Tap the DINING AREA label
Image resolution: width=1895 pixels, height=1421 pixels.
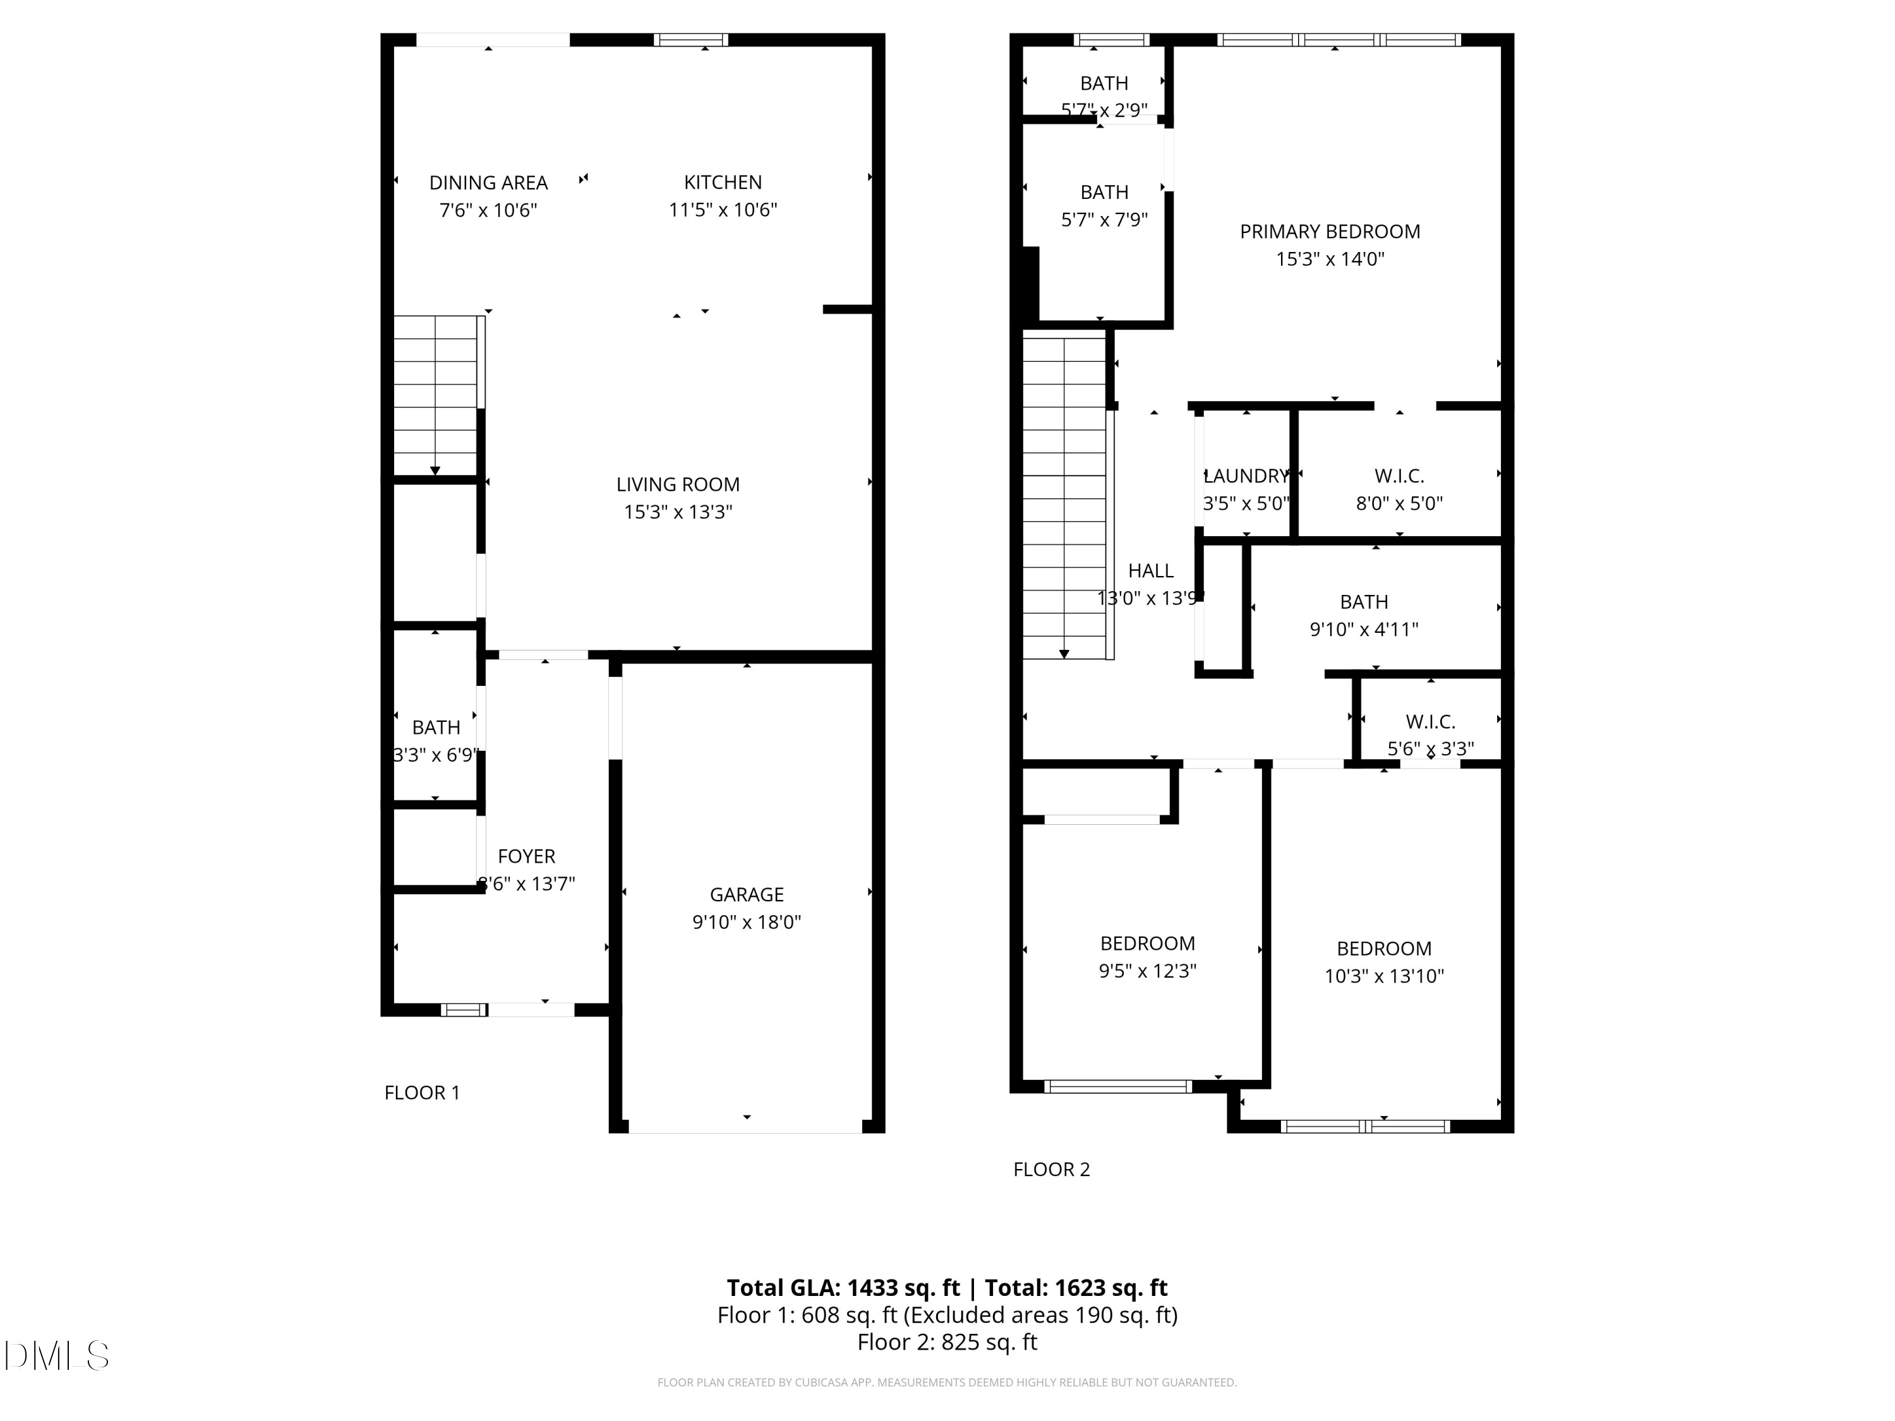coord(488,183)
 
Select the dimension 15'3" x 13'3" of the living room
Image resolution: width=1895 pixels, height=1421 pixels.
coord(678,512)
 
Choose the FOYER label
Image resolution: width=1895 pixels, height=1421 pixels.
coord(526,856)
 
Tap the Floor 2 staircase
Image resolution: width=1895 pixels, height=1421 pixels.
coord(1064,497)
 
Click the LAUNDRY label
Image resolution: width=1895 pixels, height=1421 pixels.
coord(1246,476)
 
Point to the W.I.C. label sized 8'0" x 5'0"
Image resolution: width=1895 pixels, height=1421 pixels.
coord(1399,476)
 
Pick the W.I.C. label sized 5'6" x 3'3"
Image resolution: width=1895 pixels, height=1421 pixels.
coord(1430,722)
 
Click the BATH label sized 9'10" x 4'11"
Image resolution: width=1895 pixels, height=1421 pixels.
coord(1364,602)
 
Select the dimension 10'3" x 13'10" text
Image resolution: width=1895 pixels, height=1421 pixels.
coord(1383,976)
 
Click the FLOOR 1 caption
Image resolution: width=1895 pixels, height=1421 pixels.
coord(421,1093)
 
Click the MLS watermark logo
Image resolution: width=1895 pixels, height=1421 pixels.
coord(57,1356)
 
